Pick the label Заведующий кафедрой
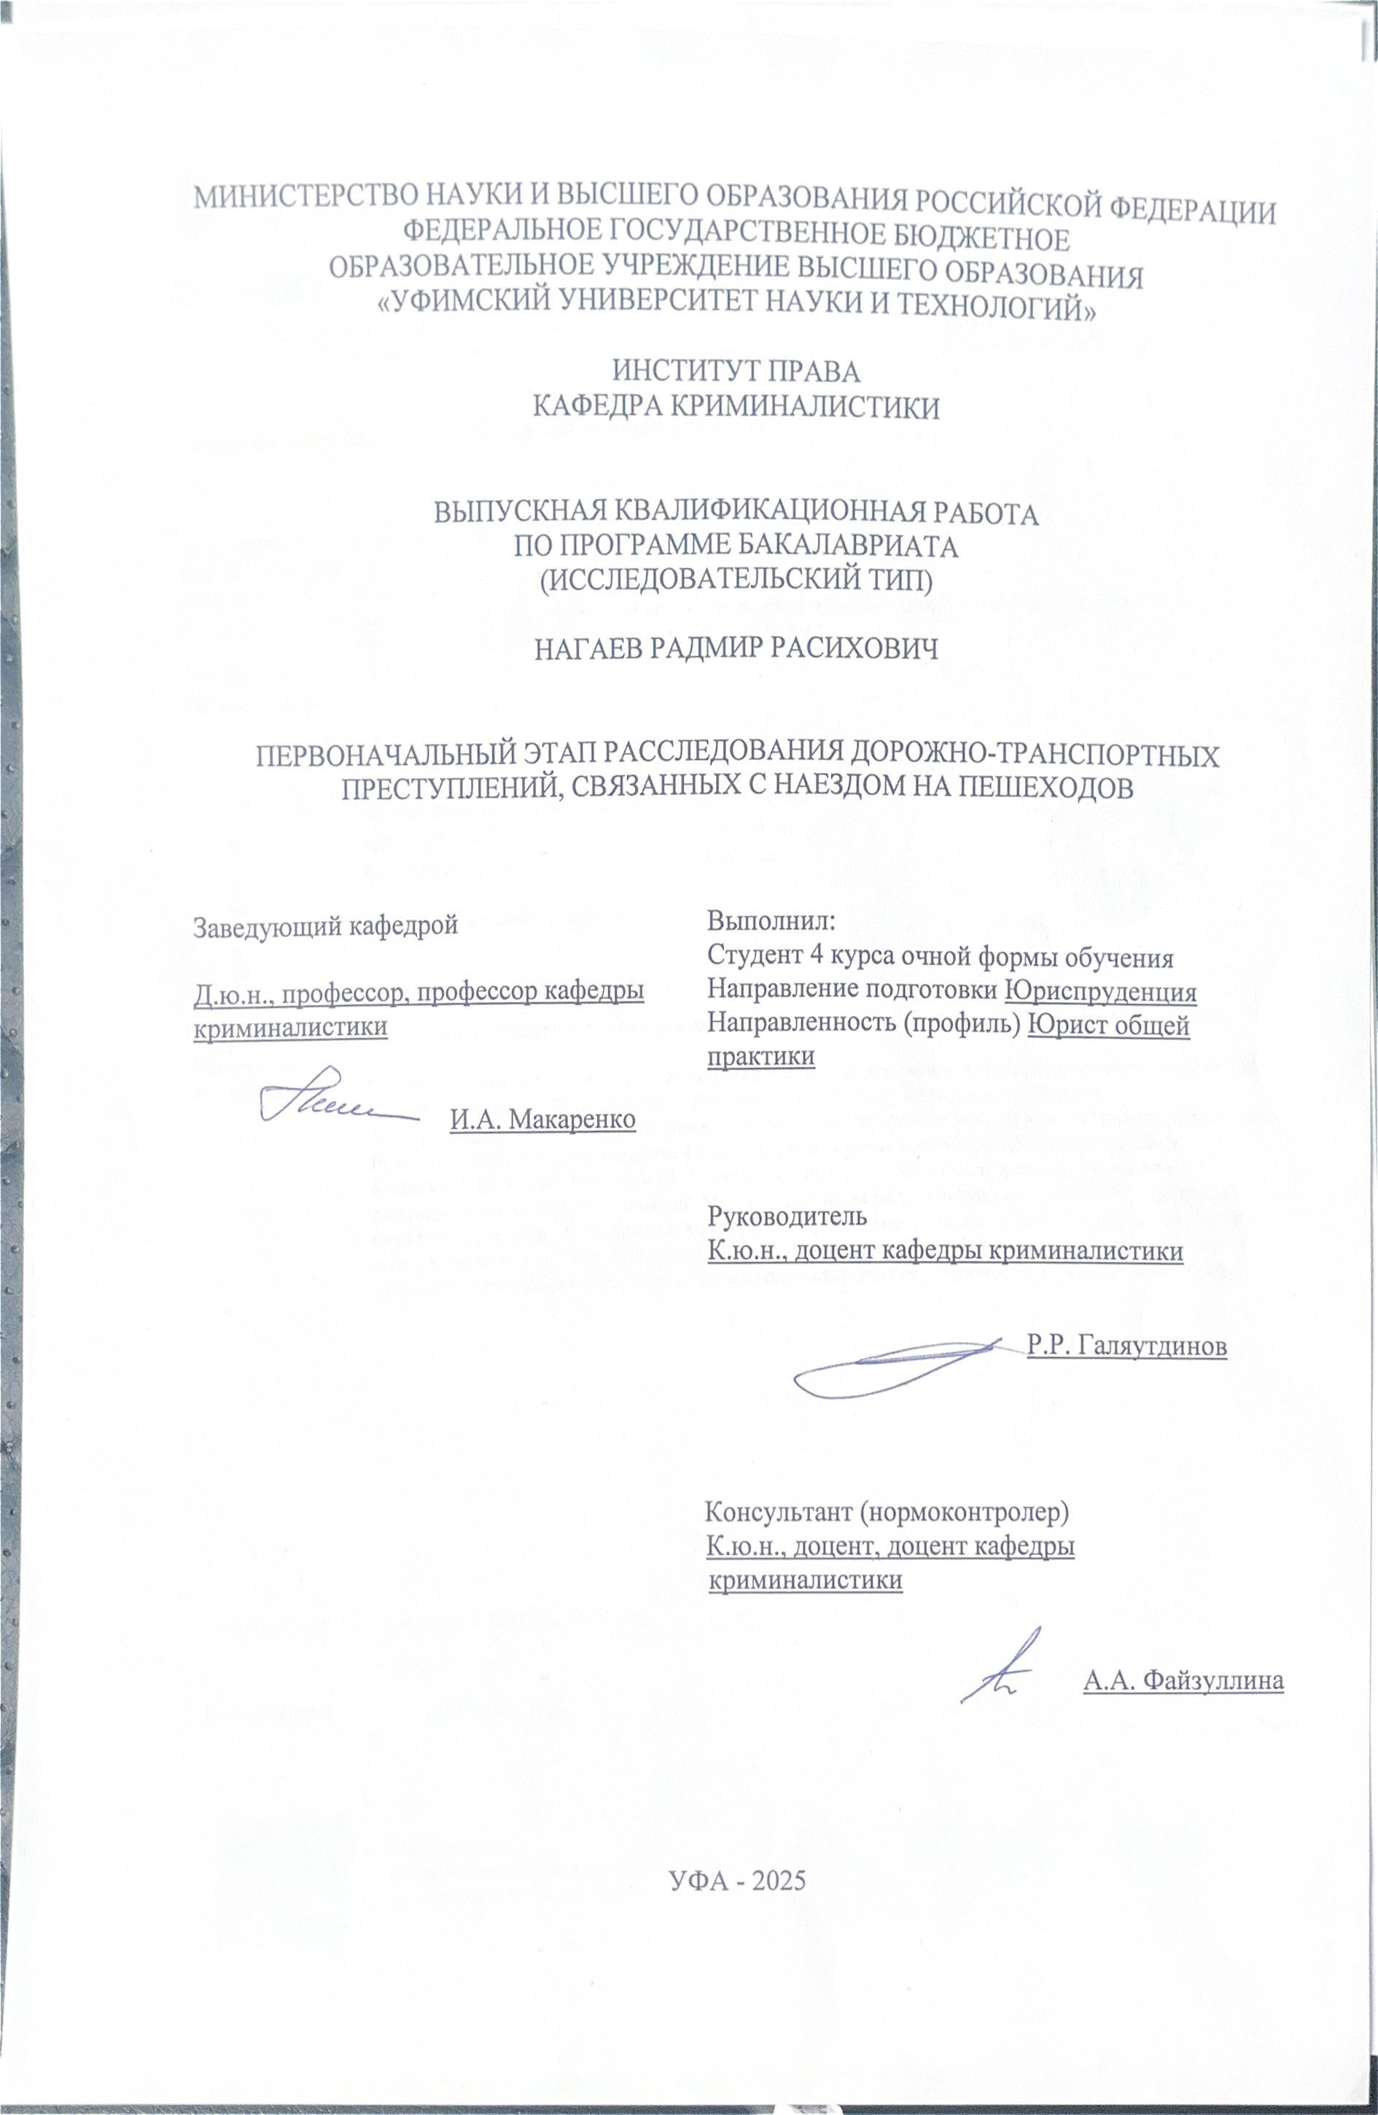[326, 926]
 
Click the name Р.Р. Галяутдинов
[1126, 1346]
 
